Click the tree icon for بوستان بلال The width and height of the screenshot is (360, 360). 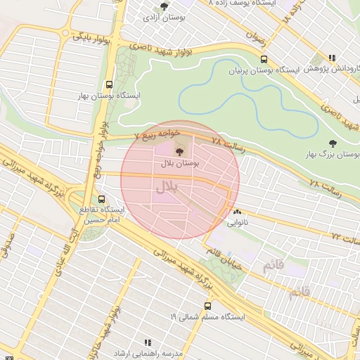179,150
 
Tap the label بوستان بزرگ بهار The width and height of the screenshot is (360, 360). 333,153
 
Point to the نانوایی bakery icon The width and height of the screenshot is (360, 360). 236,211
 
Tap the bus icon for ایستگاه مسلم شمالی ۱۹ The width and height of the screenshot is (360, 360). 207,306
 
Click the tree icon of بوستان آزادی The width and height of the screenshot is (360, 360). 164,6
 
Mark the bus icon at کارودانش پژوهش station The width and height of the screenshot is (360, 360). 331,58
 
